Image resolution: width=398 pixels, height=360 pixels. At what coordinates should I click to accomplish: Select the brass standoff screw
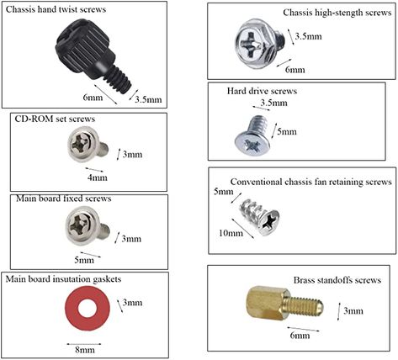point(284,304)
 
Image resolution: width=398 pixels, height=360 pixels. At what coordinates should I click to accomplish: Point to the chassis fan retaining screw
point(260,217)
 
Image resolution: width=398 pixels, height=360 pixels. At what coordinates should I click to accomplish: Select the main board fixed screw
point(87,225)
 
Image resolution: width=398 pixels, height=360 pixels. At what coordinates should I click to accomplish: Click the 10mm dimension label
point(231,233)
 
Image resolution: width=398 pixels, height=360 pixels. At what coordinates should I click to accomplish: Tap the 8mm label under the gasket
point(85,350)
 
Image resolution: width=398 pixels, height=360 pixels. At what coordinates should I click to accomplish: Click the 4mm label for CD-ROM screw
point(98,177)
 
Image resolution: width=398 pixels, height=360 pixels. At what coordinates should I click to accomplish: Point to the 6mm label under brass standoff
point(300,336)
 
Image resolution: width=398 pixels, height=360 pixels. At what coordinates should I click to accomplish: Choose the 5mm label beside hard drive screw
point(287,131)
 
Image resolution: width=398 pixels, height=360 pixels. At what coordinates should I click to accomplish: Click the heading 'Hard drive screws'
point(262,91)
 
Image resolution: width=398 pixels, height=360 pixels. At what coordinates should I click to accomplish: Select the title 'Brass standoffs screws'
point(337,280)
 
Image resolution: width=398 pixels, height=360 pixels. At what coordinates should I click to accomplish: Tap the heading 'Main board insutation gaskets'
point(63,279)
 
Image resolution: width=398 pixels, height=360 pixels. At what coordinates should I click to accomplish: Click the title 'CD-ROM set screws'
point(55,119)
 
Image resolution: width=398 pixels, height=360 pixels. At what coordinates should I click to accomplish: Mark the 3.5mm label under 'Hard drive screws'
point(273,103)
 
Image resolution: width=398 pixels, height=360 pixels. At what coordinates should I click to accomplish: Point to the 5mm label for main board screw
point(84,260)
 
